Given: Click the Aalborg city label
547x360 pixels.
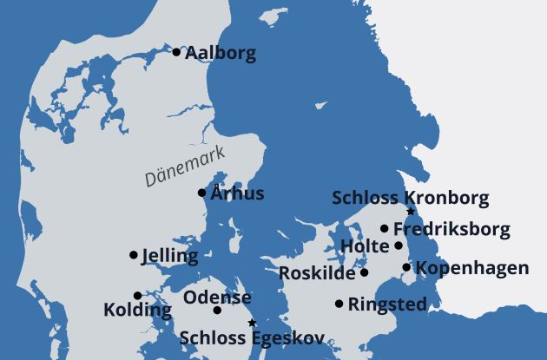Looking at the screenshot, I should (x=221, y=54).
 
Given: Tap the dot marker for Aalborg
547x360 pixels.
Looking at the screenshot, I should (x=176, y=52).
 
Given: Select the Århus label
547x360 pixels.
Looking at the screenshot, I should (x=237, y=193).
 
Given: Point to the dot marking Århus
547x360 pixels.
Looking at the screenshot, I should (x=202, y=193).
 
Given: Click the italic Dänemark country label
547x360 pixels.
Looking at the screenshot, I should (x=184, y=166).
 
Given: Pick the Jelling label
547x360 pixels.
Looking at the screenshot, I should (x=169, y=256).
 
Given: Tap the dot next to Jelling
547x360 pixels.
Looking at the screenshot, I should (x=134, y=255).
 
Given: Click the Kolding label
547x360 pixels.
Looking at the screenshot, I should (x=137, y=310).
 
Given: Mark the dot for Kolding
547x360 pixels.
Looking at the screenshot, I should (x=137, y=295).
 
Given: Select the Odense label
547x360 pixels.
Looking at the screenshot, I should (x=217, y=298).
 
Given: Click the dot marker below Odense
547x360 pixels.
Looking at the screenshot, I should (x=217, y=311).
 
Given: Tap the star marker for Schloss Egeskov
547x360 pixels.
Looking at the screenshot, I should (x=252, y=323).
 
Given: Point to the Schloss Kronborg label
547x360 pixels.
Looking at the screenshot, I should (x=411, y=198).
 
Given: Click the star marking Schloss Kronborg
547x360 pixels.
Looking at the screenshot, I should (x=411, y=212).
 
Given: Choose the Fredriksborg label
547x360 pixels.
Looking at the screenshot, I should (x=451, y=230).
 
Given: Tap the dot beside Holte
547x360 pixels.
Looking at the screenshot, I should (x=399, y=245).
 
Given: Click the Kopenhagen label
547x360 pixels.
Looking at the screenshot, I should (x=471, y=268).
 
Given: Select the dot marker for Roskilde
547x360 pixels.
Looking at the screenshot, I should (x=365, y=272).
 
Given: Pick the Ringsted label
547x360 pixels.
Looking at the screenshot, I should (x=387, y=304).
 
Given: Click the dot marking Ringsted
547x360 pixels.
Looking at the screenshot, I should (x=339, y=304).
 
